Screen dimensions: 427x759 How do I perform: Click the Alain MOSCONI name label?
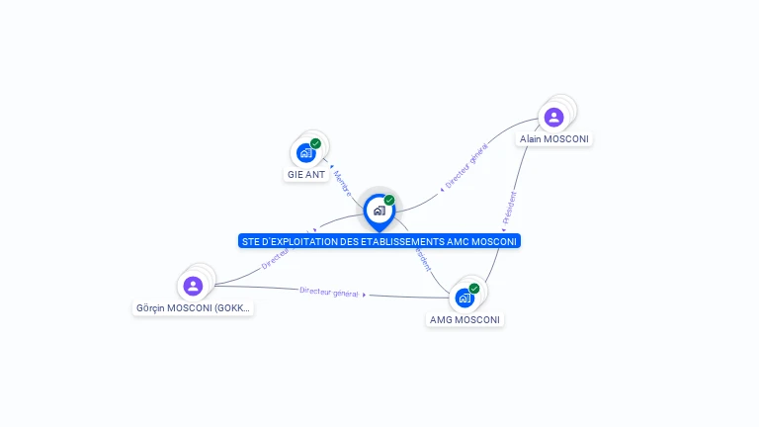pos(554,139)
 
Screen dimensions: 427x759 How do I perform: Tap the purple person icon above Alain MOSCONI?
pos(554,118)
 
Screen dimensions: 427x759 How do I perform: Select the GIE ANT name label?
pos(306,175)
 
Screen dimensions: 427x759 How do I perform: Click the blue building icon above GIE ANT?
pos(305,153)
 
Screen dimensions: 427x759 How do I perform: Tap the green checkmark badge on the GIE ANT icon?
pos(316,143)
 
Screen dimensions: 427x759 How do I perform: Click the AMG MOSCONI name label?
pos(465,320)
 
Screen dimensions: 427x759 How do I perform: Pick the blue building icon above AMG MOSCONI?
pos(464,298)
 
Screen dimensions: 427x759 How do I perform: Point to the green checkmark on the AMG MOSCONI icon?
pos(474,289)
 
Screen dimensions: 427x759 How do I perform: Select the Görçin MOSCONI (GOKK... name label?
pos(194,308)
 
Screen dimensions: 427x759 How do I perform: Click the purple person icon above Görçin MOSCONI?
pos(193,286)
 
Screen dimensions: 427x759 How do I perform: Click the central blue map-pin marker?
pos(379,211)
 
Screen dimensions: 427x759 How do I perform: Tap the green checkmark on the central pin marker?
pos(389,201)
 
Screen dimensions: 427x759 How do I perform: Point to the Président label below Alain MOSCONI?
pos(509,207)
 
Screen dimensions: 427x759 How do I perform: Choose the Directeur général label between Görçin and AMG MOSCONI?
pos(329,292)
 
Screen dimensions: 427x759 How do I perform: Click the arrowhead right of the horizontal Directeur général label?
pos(365,295)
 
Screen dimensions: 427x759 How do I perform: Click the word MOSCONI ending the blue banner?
pos(495,241)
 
